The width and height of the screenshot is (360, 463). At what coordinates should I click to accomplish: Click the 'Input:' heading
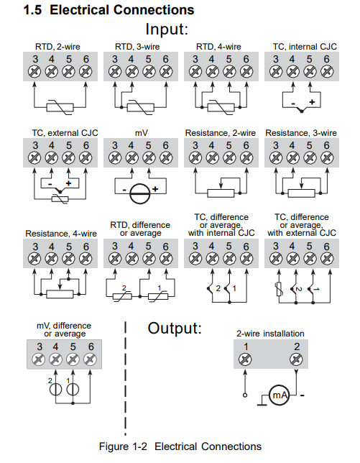point(167,29)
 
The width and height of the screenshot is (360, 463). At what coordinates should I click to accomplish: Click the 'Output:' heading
point(175,328)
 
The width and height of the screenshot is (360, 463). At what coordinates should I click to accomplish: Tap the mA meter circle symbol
point(279,395)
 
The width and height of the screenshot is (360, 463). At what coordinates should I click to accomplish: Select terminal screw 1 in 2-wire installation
point(245,359)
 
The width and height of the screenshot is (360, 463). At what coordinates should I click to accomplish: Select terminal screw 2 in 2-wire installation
point(296,359)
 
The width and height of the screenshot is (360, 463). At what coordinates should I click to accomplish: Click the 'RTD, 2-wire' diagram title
point(57,47)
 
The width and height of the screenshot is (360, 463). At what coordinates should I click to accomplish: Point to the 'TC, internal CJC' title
point(305,47)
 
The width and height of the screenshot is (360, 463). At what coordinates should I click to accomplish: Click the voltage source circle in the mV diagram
point(140,193)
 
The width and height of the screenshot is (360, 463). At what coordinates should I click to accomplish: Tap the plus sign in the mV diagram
point(155,189)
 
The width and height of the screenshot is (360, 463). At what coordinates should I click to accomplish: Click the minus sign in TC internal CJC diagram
point(293,104)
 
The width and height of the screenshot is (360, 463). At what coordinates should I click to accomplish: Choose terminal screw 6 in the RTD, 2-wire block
point(86,71)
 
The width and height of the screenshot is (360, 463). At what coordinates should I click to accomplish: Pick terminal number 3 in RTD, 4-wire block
point(195,59)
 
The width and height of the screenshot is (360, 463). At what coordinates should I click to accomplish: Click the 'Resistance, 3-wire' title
point(301,133)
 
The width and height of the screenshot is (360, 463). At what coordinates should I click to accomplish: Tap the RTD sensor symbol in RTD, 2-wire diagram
point(60,108)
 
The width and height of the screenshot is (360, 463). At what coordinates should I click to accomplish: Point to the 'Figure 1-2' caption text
point(123,446)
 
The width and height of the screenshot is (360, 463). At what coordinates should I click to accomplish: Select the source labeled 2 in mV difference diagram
point(55,390)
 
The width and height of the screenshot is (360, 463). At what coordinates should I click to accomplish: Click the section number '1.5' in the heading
point(32,10)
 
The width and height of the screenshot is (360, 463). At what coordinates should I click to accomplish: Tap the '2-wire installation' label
point(270,334)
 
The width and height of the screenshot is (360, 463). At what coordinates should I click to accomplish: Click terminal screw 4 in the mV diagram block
point(131,158)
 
